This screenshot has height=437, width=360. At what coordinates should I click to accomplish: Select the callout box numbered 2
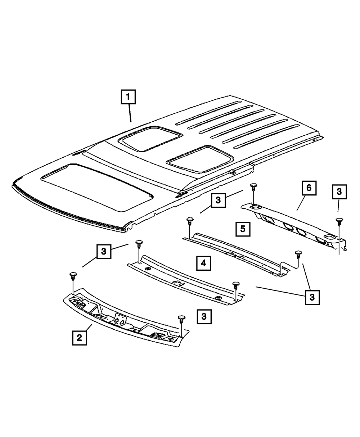tap(79, 338)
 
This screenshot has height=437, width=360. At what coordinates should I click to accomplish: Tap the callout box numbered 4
tap(203, 263)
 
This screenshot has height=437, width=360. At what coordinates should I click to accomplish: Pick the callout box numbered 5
tap(243, 229)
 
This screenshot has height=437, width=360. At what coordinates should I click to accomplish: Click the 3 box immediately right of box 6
tap(339, 192)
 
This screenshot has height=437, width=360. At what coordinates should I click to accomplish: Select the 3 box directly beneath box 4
tap(204, 317)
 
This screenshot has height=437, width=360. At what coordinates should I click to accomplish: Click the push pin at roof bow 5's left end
tap(189, 221)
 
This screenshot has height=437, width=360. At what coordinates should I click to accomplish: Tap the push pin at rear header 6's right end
tap(338, 221)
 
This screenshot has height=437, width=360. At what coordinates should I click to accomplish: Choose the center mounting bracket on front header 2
tap(119, 320)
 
